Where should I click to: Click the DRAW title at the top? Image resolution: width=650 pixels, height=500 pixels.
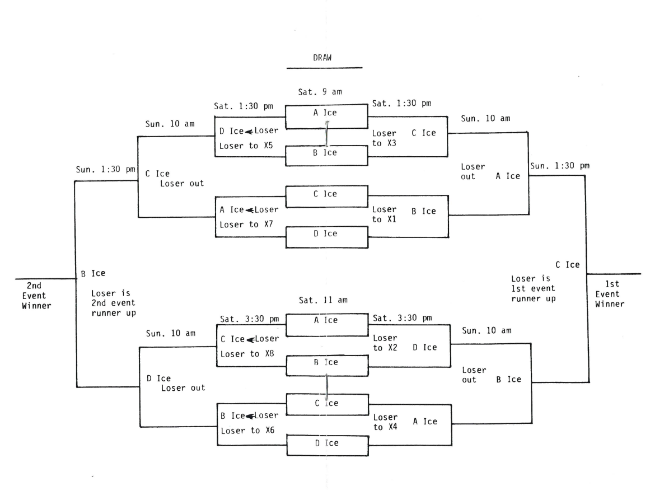(x=324, y=58)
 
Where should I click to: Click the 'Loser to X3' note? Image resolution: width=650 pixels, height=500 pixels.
(x=385, y=139)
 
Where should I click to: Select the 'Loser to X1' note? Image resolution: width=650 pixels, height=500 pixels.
(x=385, y=214)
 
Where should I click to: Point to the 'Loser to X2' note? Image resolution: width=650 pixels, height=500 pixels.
(x=385, y=343)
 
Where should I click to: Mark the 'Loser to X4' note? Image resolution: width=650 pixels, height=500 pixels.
(x=385, y=422)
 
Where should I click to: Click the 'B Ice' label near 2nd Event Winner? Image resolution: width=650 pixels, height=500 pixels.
(x=93, y=274)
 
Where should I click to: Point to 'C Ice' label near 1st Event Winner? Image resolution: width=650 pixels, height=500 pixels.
(x=567, y=264)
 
